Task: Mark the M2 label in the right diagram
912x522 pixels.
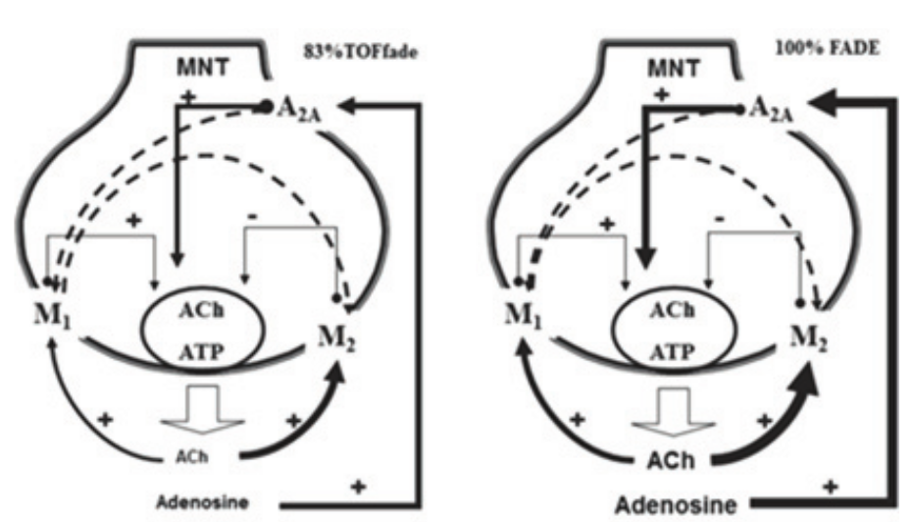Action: click(x=811, y=339)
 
